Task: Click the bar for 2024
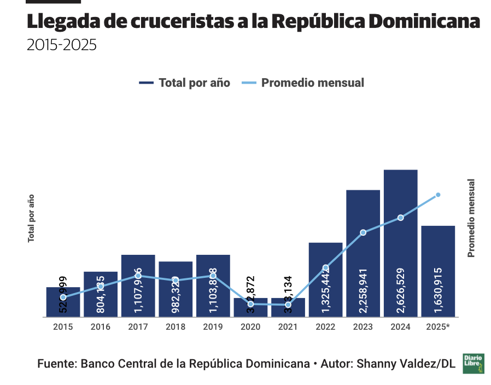pyautogui.click(x=400, y=243)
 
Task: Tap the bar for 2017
pyautogui.click(x=138, y=285)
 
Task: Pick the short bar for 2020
pyautogui.click(x=250, y=307)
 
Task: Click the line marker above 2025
pyautogui.click(x=438, y=195)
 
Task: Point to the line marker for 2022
pyautogui.click(x=326, y=267)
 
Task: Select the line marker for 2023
pyautogui.click(x=363, y=232)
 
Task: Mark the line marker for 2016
pyautogui.click(x=101, y=286)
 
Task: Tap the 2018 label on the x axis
pyautogui.click(x=176, y=327)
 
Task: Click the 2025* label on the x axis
pyautogui.click(x=438, y=327)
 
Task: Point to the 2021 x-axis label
pyautogui.click(x=288, y=327)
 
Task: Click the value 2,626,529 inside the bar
pyautogui.click(x=401, y=290)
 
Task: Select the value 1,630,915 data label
pyautogui.click(x=438, y=290)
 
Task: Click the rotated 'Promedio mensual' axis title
pyautogui.click(x=471, y=218)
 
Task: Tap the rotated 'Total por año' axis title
pyautogui.click(x=31, y=218)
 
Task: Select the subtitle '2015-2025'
pyautogui.click(x=61, y=45)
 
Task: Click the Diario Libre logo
pyautogui.click(x=474, y=364)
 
